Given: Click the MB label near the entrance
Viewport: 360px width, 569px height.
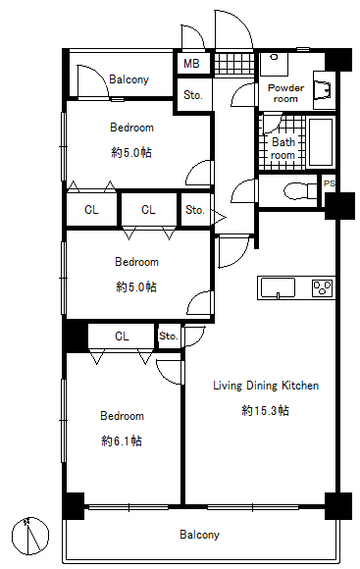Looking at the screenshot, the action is pyautogui.click(x=191, y=64).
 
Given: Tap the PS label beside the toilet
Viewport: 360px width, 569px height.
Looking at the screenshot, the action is pyautogui.click(x=330, y=183).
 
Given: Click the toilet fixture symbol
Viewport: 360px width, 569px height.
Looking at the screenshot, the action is pyautogui.click(x=301, y=191).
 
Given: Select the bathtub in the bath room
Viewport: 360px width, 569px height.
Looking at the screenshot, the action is pyautogui.click(x=320, y=142).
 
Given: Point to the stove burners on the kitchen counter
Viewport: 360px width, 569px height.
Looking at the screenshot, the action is pyautogui.click(x=323, y=287).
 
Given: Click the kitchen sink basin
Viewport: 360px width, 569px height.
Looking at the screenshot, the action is pyautogui.click(x=278, y=288).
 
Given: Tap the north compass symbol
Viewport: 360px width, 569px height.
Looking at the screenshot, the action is pyautogui.click(x=30, y=535).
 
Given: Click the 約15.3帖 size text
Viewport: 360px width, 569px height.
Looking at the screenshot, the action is pyautogui.click(x=265, y=410).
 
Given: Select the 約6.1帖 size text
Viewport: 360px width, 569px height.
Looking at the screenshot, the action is pyautogui.click(x=122, y=440).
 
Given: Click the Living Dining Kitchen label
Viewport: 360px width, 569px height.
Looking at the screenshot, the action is pyautogui.click(x=266, y=386).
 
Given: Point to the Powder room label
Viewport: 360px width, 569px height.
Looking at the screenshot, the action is pyautogui.click(x=285, y=93).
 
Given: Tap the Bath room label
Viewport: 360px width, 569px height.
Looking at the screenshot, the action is pyautogui.click(x=283, y=149).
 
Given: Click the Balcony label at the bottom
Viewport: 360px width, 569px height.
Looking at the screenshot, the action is pyautogui.click(x=199, y=535).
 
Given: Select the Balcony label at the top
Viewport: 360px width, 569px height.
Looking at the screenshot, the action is pyautogui.click(x=129, y=79).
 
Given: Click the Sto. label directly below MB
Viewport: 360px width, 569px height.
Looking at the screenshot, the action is pyautogui.click(x=192, y=95).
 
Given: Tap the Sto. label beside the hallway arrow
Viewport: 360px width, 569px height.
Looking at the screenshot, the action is pyautogui.click(x=195, y=210).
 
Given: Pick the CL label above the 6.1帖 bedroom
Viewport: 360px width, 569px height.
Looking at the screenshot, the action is pyautogui.click(x=122, y=336).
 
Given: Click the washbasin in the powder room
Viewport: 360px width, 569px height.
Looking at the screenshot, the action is pyautogui.click(x=323, y=89).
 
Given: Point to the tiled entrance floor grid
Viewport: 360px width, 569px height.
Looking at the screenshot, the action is pyautogui.click(x=233, y=64).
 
